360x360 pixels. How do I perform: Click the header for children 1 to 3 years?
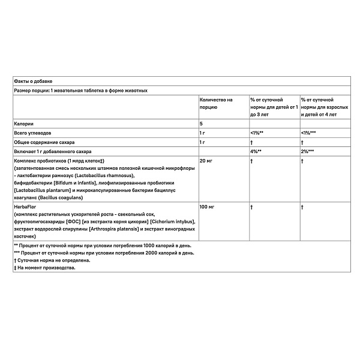click(273, 106)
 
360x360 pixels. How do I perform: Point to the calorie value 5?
click(201, 122)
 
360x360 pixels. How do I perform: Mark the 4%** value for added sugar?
click(257, 152)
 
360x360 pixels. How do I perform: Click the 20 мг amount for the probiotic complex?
click(205, 161)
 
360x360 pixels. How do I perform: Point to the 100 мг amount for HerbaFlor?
click(206, 206)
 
